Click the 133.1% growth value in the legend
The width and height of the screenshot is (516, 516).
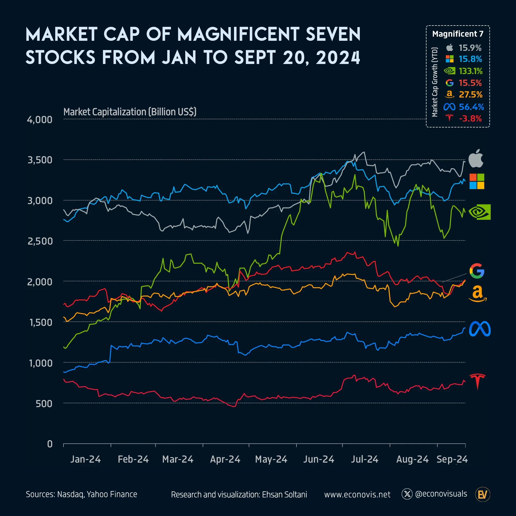470,71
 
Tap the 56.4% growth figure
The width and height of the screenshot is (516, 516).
471,107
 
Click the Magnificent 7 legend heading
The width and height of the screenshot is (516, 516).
457,34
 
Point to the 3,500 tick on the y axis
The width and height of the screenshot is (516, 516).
40,160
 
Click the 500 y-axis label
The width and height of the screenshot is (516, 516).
44,404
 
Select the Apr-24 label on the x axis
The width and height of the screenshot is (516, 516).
225,459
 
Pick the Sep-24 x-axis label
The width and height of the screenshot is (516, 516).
452,459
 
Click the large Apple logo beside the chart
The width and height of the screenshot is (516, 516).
476,158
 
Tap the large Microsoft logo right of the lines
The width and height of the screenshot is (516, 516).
477,181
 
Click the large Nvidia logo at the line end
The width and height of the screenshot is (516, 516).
480,212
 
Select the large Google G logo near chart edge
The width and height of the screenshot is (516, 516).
477,271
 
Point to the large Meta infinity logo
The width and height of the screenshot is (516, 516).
480,329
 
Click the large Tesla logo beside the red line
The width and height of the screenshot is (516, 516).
477,381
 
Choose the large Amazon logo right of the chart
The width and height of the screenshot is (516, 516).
478,294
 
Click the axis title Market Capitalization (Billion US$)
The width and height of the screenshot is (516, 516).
130,112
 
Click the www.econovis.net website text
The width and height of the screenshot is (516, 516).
357,494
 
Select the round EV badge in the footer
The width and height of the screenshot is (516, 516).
483,494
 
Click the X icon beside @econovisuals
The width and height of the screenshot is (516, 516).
407,494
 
